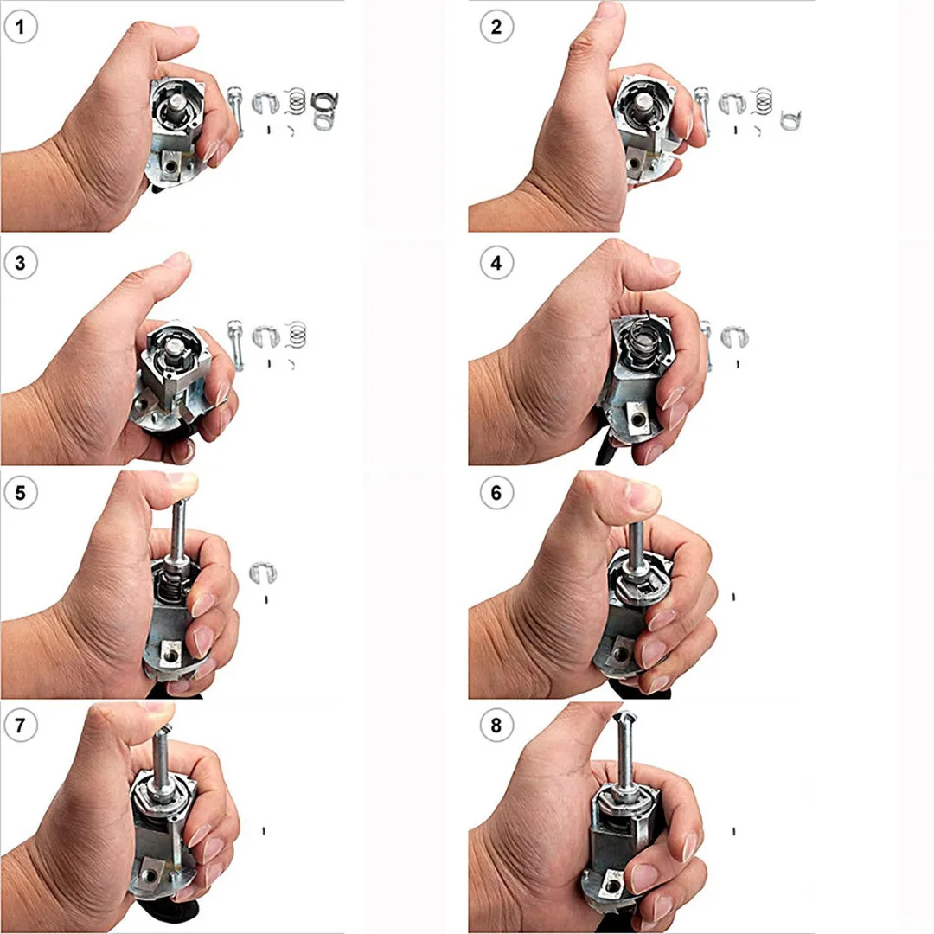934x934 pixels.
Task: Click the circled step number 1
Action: pos(21,28)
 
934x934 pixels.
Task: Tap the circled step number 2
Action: pos(496,28)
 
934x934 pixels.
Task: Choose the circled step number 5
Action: pos(21,494)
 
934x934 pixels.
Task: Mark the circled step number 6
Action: pos(496,494)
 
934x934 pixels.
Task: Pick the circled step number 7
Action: pos(21,726)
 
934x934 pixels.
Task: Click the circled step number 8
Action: pos(496,726)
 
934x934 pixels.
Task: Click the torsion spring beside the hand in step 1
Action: pos(324,111)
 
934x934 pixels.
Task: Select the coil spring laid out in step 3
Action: pos(297,333)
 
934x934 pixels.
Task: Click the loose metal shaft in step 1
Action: pos(235,111)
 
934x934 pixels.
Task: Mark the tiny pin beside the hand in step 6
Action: pos(733,596)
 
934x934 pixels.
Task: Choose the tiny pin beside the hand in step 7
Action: pos(264,830)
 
